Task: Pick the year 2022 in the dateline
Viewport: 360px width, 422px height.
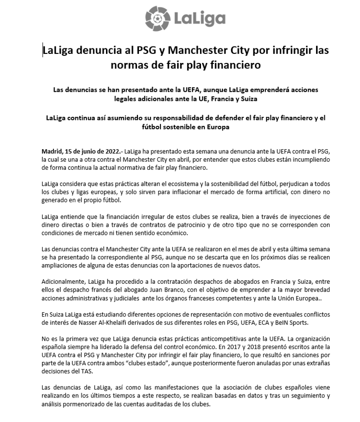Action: tap(107, 150)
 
